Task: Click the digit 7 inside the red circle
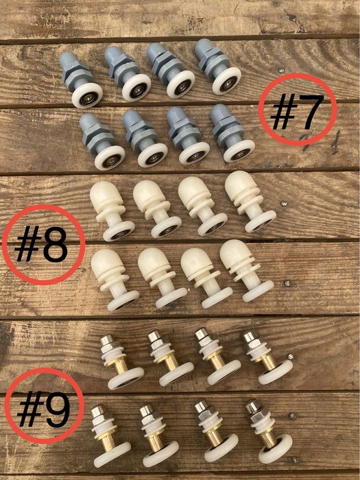[x=310, y=111]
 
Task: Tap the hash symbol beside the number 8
[x=28, y=243]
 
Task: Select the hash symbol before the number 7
[x=283, y=111]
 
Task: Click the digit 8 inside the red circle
[x=55, y=245]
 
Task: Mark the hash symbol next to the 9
[x=30, y=409]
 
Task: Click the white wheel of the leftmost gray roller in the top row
[x=87, y=96]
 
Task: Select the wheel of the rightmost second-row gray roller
[x=239, y=151]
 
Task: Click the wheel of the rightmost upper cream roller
[x=261, y=221]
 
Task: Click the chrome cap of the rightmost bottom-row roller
[x=253, y=406]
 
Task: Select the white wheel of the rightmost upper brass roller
[x=276, y=372]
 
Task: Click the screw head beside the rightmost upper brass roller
[x=291, y=357]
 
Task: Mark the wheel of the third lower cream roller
[x=217, y=298]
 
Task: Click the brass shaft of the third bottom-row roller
[x=214, y=437]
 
